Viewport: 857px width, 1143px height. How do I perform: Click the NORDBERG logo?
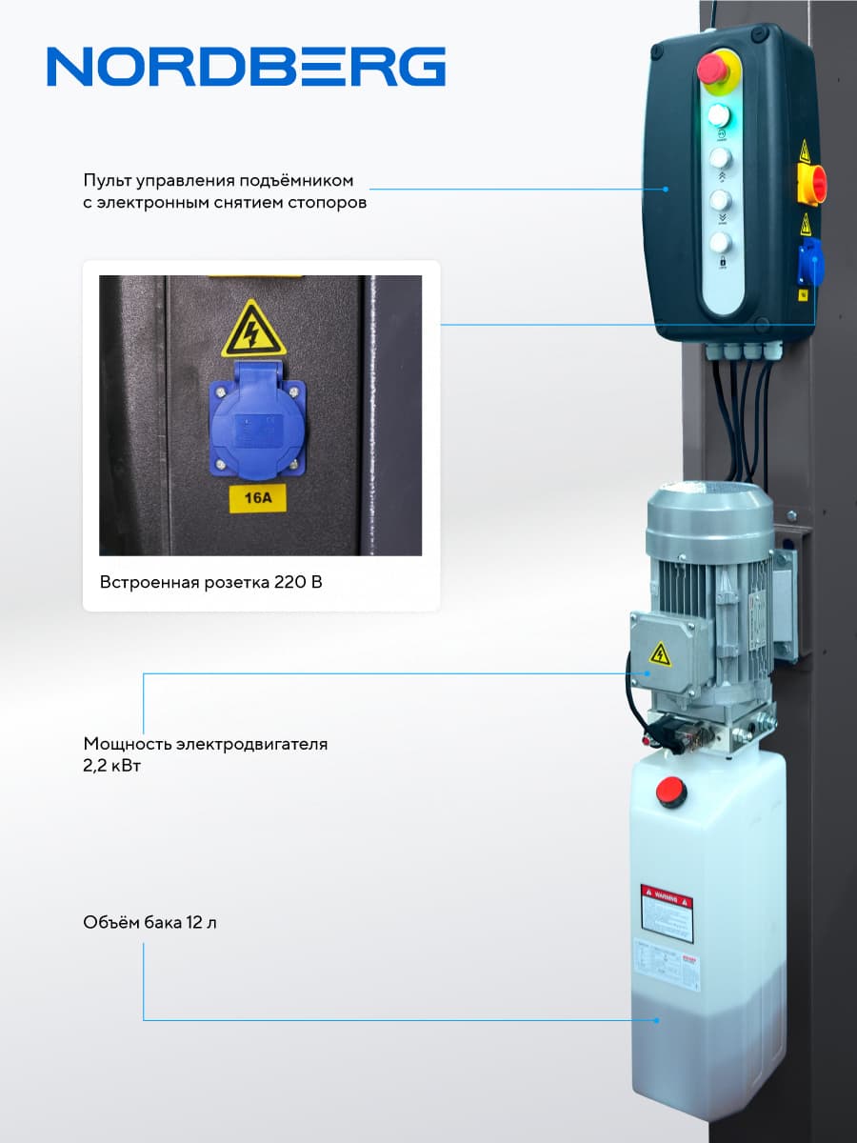point(246,68)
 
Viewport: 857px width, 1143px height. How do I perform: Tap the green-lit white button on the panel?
point(721,116)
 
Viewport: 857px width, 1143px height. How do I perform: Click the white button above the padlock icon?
point(721,242)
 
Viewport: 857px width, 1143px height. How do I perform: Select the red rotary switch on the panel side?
point(812,183)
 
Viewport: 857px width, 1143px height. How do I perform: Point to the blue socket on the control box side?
point(808,266)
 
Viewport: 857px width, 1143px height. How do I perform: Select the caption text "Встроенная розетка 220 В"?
point(210,582)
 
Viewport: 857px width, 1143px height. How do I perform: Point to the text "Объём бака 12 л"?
point(149,923)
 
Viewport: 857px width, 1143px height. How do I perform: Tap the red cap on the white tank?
point(671,791)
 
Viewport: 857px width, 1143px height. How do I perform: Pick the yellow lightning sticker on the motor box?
point(660,653)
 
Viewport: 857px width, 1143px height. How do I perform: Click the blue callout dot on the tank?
point(657,1020)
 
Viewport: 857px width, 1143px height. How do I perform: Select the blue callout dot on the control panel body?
point(667,188)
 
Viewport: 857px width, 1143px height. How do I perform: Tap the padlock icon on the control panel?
point(721,262)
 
